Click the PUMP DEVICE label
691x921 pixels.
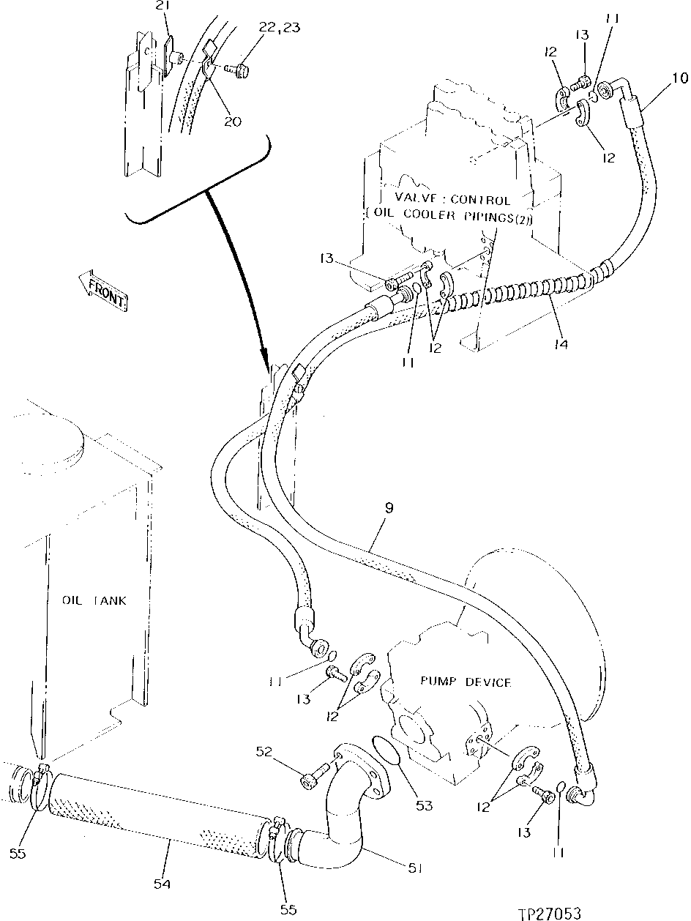[x=466, y=682]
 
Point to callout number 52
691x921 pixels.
[x=264, y=750]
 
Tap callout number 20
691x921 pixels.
[x=232, y=122]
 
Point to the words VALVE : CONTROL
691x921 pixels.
[x=452, y=199]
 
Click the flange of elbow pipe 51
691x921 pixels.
[x=362, y=769]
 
